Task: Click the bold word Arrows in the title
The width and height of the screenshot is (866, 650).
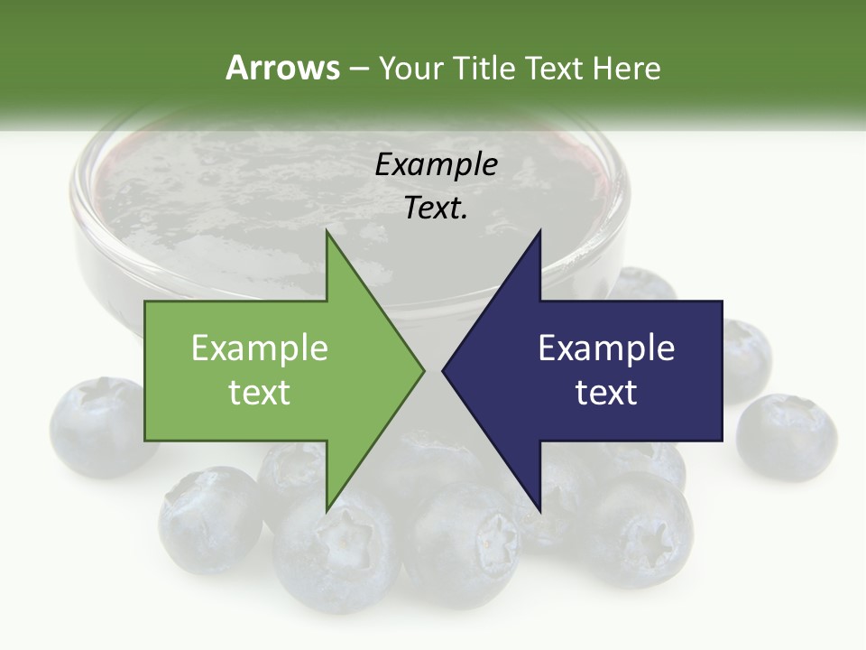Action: click(x=282, y=68)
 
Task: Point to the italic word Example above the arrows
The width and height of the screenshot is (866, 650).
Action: click(x=436, y=164)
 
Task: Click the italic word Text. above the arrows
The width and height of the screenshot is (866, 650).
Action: click(x=436, y=208)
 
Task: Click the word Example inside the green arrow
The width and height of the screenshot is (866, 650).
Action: click(x=260, y=348)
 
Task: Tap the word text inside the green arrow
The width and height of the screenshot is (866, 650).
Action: click(x=260, y=393)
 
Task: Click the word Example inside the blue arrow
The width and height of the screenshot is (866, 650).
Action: click(x=606, y=348)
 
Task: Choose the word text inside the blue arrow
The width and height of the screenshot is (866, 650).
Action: click(x=606, y=393)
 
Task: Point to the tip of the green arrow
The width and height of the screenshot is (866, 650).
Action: click(x=422, y=369)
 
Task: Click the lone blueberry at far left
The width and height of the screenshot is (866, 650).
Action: click(x=102, y=424)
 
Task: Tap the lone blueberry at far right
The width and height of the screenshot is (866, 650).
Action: click(x=787, y=438)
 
